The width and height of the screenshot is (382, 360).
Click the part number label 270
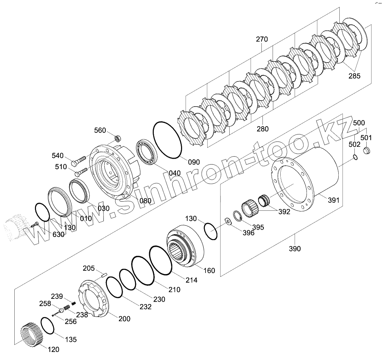[262, 39]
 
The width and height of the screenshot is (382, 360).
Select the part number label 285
[354, 76]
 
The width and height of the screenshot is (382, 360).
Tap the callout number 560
[100, 130]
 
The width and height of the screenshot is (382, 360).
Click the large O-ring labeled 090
[167, 140]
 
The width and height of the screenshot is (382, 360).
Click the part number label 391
[333, 200]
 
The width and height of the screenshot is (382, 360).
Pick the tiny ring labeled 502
[355, 157]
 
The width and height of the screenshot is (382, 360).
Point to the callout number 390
[295, 249]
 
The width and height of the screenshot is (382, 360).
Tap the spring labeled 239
[74, 302]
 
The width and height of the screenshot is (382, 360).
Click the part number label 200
[124, 319]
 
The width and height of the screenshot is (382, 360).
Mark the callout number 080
[145, 201]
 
